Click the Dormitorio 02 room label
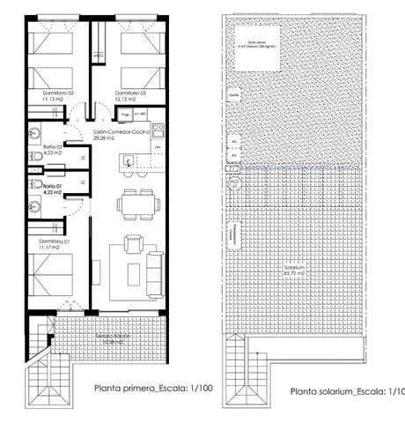coord(57,95)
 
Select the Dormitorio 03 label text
coord(130,95)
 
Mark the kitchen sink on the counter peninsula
coord(129,161)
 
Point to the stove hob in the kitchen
coord(158,130)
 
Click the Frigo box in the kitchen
coord(126,115)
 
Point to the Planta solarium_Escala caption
coord(347,391)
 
